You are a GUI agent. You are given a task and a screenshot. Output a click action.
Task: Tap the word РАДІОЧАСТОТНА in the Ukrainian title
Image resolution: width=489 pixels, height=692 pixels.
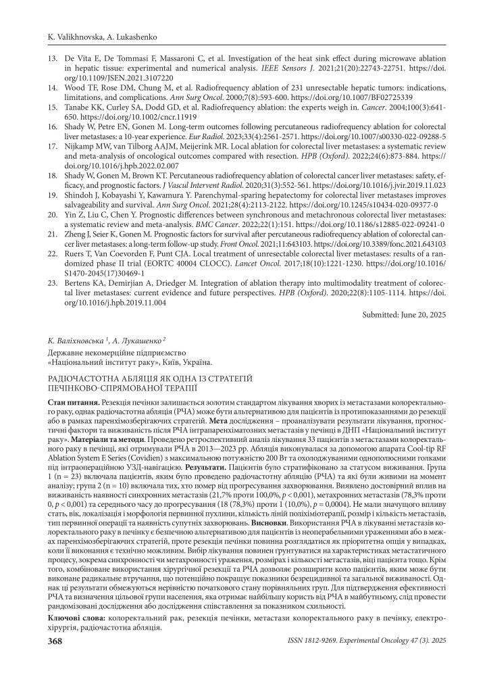point(83,380)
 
